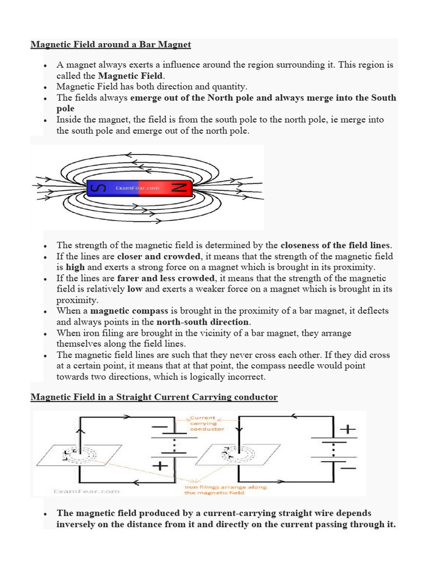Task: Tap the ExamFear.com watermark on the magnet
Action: click(x=137, y=189)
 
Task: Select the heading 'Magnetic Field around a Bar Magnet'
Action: click(x=111, y=44)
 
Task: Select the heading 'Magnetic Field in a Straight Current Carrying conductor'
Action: click(x=154, y=397)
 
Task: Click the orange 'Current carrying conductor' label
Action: click(x=207, y=423)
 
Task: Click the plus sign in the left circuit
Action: click(x=160, y=465)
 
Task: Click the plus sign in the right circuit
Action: click(x=348, y=429)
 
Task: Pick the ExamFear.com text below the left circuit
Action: click(x=87, y=491)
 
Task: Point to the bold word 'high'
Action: click(x=75, y=267)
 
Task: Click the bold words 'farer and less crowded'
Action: click(x=166, y=278)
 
